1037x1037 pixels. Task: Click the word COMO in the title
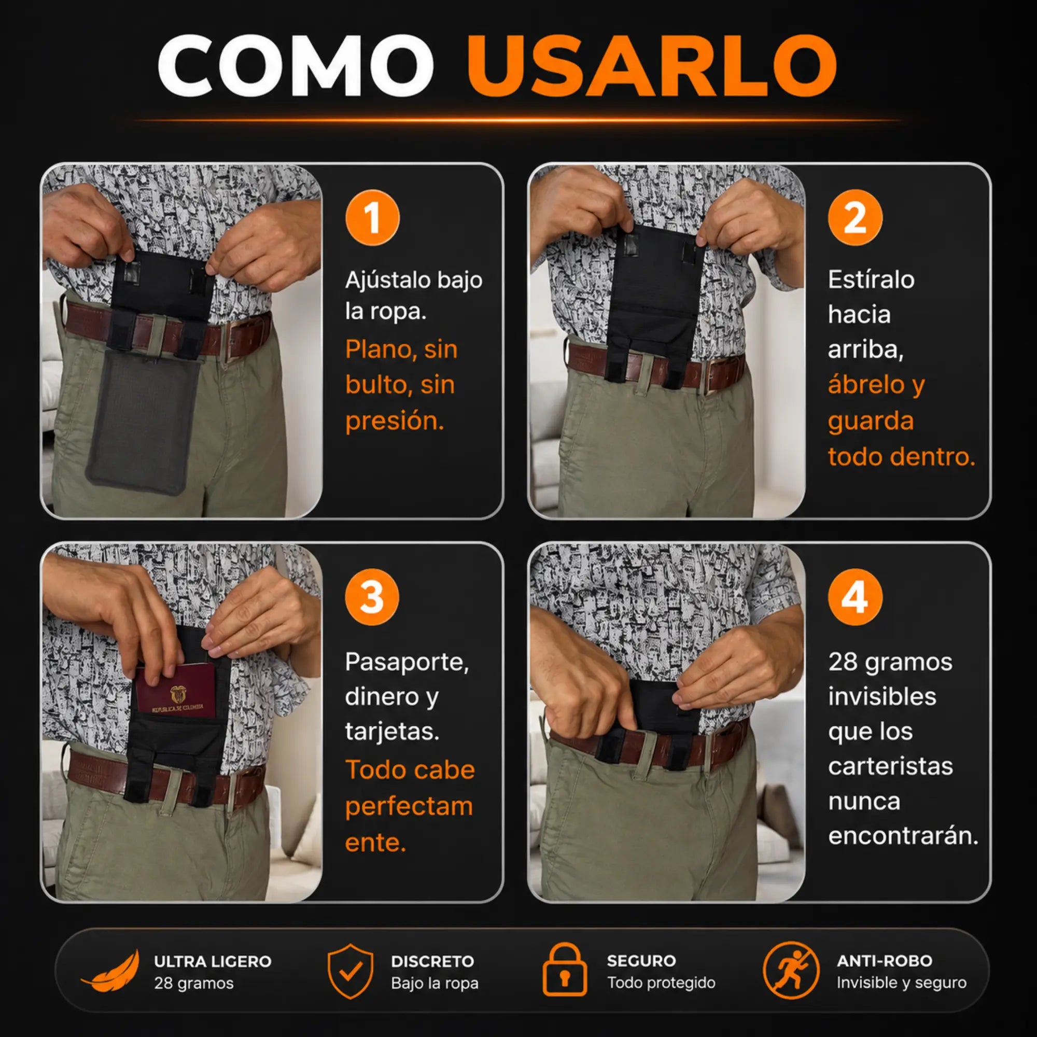click(x=296, y=66)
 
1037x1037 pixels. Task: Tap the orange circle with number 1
click(x=372, y=218)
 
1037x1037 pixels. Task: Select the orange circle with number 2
click(x=855, y=218)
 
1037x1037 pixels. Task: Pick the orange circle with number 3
click(x=372, y=597)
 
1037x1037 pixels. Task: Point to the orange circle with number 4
click(x=855, y=597)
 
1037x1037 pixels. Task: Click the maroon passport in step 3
click(x=175, y=692)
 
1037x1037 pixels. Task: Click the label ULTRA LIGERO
click(x=213, y=961)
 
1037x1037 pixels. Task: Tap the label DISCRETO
click(x=432, y=961)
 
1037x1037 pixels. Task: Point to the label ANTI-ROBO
click(x=885, y=961)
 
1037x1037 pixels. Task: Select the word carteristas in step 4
click(x=890, y=766)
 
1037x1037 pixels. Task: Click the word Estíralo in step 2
click(x=871, y=279)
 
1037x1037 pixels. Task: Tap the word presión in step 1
click(x=395, y=421)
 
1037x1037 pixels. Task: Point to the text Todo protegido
click(x=661, y=983)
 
